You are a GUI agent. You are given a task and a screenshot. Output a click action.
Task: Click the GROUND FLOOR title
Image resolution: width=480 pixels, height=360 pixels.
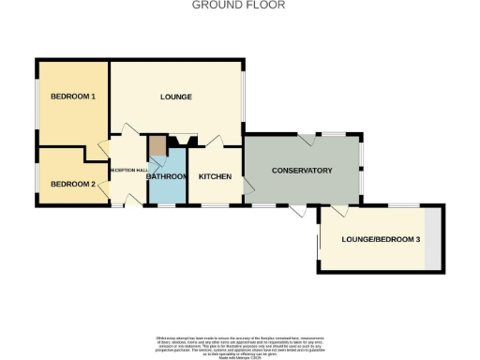pyautogui.click(x=239, y=5)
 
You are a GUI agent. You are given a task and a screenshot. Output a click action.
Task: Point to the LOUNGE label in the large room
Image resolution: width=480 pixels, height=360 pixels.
pyautogui.click(x=176, y=97)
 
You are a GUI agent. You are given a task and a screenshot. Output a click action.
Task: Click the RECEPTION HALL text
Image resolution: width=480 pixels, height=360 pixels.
pyautogui.click(x=127, y=170)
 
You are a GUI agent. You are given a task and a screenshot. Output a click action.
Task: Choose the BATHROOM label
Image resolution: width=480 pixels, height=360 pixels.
pyautogui.click(x=168, y=176)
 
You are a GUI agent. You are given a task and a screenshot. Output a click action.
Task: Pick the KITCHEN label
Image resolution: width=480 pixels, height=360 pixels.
pyautogui.click(x=216, y=176)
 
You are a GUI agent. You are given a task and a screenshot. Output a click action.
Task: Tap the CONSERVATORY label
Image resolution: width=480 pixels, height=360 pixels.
pyautogui.click(x=302, y=170)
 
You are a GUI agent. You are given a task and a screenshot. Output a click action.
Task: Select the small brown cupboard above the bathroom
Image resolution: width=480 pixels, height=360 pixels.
pyautogui.click(x=157, y=146)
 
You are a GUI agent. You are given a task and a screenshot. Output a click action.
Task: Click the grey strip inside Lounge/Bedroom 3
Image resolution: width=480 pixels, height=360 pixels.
pyautogui.click(x=431, y=239)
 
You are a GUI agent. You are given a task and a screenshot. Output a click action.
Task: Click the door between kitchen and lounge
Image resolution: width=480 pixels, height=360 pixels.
pyautogui.click(x=214, y=141)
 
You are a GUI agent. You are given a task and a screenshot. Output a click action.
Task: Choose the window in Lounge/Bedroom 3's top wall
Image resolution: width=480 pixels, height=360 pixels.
pyautogui.click(x=403, y=205)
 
